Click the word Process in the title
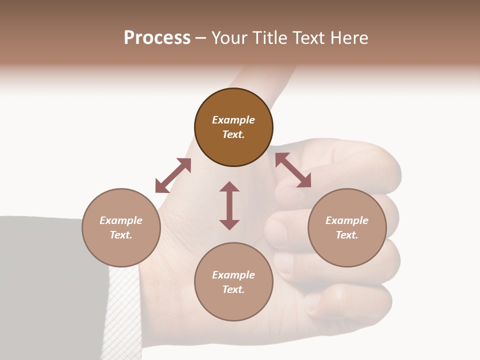(x=157, y=38)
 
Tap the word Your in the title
(x=229, y=38)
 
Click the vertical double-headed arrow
(x=229, y=205)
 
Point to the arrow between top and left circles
(x=173, y=175)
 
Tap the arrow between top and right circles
(x=293, y=170)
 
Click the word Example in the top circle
(x=233, y=120)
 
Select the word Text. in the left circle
(x=121, y=235)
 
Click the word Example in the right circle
(x=347, y=220)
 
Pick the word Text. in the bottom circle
(x=233, y=289)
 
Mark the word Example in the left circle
(x=121, y=220)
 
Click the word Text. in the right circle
(x=347, y=235)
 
